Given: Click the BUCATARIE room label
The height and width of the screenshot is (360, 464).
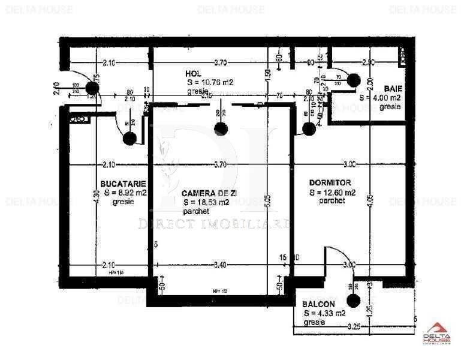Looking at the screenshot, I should pos(124,184).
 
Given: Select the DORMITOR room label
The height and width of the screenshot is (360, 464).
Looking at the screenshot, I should pos(330,182).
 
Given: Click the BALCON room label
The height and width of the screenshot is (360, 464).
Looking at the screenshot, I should pos(318,304).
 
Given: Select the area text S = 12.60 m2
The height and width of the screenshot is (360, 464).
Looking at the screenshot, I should pos(333,193).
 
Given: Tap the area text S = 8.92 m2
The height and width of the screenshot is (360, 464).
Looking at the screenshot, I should pos(124,193).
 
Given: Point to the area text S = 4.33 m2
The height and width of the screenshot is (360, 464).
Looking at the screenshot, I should pos(324,313).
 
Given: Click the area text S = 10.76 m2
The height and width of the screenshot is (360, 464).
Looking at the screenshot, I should pos(210,82).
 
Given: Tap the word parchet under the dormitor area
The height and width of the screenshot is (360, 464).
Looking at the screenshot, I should pos(332,202).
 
